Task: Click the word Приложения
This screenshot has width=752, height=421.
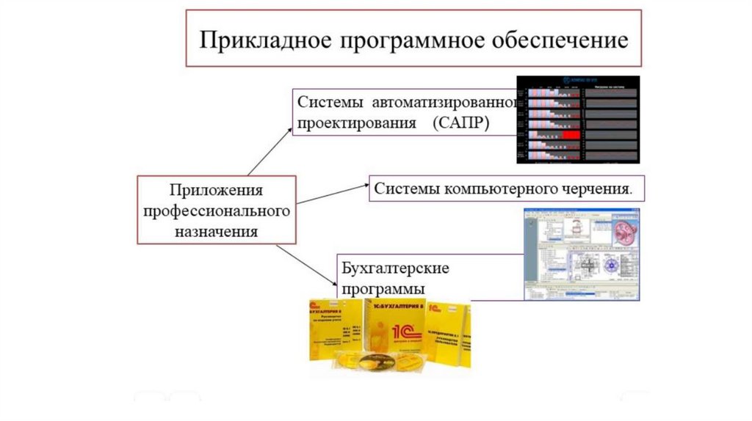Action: pyautogui.click(x=216, y=191)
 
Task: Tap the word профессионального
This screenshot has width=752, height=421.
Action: pyautogui.click(x=216, y=211)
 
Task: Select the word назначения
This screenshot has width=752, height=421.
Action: pyautogui.click(x=216, y=232)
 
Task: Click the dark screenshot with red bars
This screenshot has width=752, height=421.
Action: pyautogui.click(x=577, y=119)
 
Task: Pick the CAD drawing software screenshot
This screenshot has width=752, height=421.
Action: pyautogui.click(x=581, y=254)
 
